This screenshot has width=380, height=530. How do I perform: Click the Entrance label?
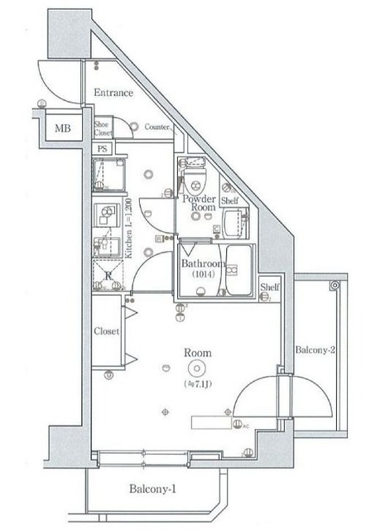[113, 93]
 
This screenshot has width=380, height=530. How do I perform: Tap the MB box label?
[63, 128]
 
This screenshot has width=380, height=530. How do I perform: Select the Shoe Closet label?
[103, 128]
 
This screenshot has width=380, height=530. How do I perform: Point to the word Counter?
[157, 128]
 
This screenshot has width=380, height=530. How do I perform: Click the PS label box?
[103, 149]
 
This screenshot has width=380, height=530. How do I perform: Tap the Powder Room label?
[200, 204]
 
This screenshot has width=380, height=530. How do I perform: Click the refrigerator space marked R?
[108, 274]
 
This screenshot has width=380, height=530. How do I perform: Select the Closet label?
[107, 331]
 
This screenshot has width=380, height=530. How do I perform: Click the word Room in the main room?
[199, 353]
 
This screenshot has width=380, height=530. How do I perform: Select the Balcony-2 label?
[315, 350]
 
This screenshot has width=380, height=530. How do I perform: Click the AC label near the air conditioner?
[246, 426]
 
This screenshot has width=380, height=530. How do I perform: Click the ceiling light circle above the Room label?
[197, 369]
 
